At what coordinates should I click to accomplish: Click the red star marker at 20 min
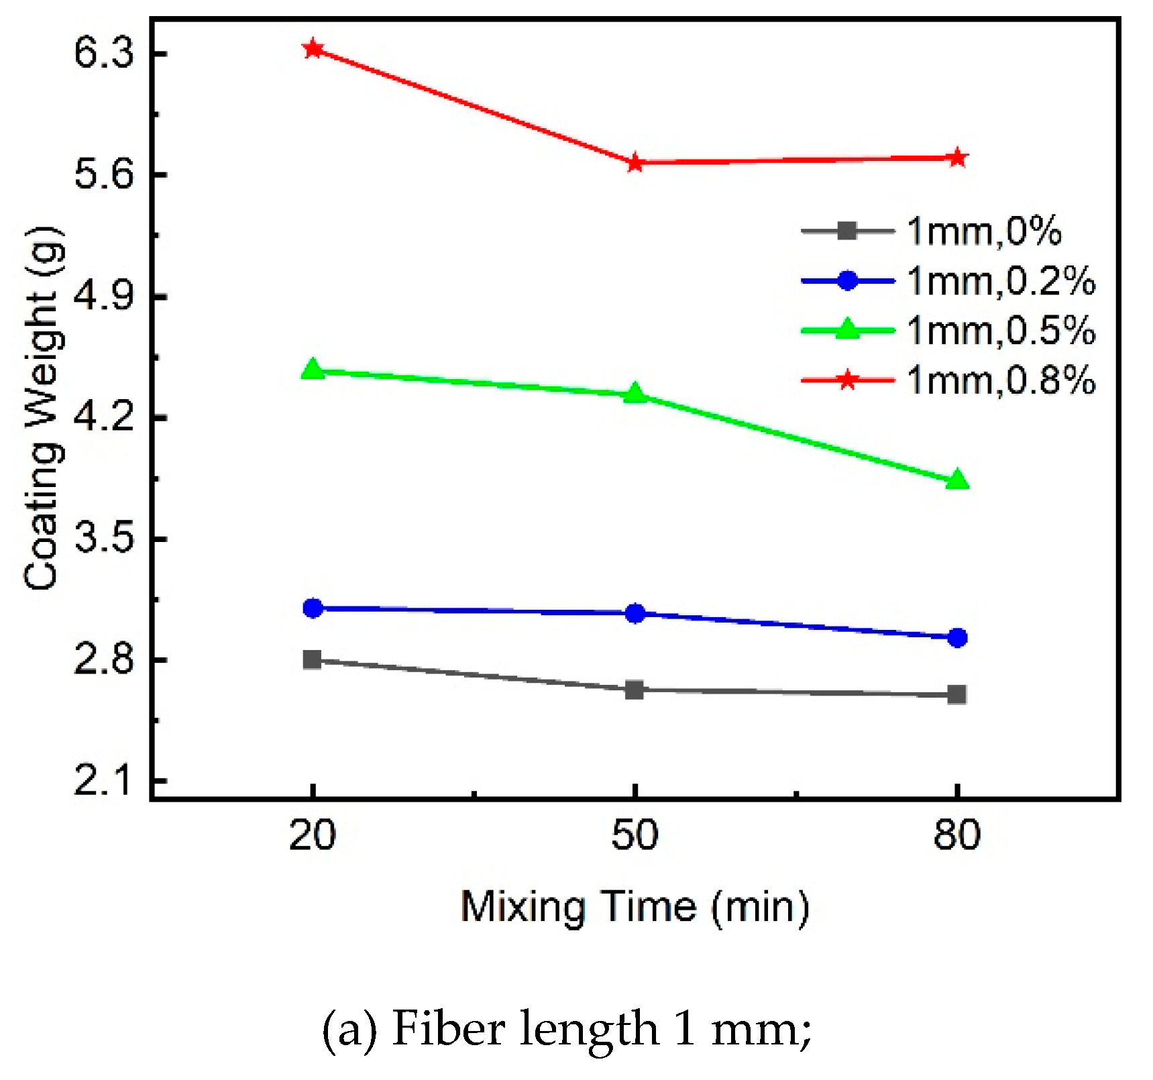pos(313,48)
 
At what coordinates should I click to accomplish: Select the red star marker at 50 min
pos(635,162)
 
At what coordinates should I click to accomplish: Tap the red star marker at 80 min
pos(957,158)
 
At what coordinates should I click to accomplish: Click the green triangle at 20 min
pos(313,370)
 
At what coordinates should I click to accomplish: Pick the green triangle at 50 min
pos(635,394)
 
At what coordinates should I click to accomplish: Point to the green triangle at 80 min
pos(957,480)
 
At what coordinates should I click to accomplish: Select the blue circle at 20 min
pos(313,608)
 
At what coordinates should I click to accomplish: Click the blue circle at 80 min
pos(957,637)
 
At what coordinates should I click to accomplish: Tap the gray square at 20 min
pos(312,659)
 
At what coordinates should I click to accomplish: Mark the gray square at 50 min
pos(635,690)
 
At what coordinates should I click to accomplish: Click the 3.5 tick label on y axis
pos(104,538)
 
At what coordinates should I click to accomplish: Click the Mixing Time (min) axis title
pos(635,907)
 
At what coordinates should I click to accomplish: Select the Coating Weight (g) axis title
pos(44,409)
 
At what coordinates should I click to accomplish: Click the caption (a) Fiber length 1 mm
pos(567,1028)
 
